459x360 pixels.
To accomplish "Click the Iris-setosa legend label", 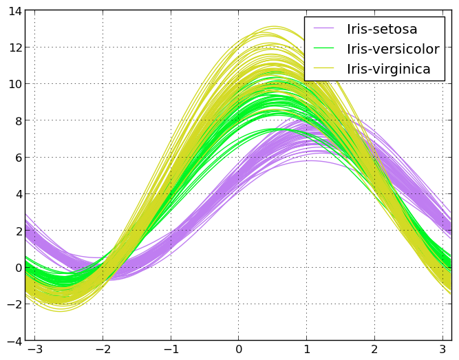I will (x=382, y=29).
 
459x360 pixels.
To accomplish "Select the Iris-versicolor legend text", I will (x=393, y=49).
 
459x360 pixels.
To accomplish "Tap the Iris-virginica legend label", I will (x=389, y=69).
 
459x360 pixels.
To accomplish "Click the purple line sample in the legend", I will (x=323, y=29).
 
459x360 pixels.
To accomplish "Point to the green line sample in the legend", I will (x=323, y=49).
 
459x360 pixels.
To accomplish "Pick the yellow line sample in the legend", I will (x=323, y=69).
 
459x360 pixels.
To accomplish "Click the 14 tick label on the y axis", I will (x=14, y=10).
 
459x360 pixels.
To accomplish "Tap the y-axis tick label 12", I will (x=14, y=47).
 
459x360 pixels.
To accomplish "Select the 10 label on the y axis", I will (x=14, y=84).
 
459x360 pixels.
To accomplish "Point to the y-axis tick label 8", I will (x=17, y=120).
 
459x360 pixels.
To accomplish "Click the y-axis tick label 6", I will (x=17, y=158).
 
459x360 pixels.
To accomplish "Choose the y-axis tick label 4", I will (x=17, y=194).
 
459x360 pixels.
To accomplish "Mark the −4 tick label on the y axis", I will (x=14, y=341).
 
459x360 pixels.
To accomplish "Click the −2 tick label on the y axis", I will (x=14, y=304).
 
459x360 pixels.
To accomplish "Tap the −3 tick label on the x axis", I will (x=33, y=350).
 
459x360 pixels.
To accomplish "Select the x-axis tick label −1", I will (x=169, y=350).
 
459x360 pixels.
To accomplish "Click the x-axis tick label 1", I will (x=307, y=350).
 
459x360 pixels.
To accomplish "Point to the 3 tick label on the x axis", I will (x=442, y=350).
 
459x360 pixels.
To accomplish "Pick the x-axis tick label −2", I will (x=101, y=350).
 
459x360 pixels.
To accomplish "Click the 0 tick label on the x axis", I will (x=239, y=350).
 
